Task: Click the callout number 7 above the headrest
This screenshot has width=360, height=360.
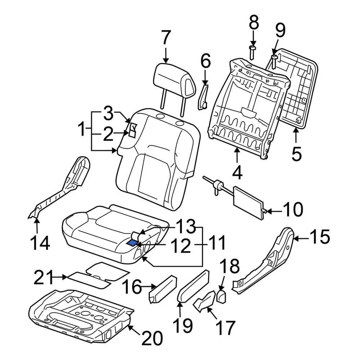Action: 165,39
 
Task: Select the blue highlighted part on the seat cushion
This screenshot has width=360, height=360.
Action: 133,243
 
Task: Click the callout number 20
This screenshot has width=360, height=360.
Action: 151,339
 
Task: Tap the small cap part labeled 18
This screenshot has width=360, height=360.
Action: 222,297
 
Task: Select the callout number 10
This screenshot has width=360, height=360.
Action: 292,210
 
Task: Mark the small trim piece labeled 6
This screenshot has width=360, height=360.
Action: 203,97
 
